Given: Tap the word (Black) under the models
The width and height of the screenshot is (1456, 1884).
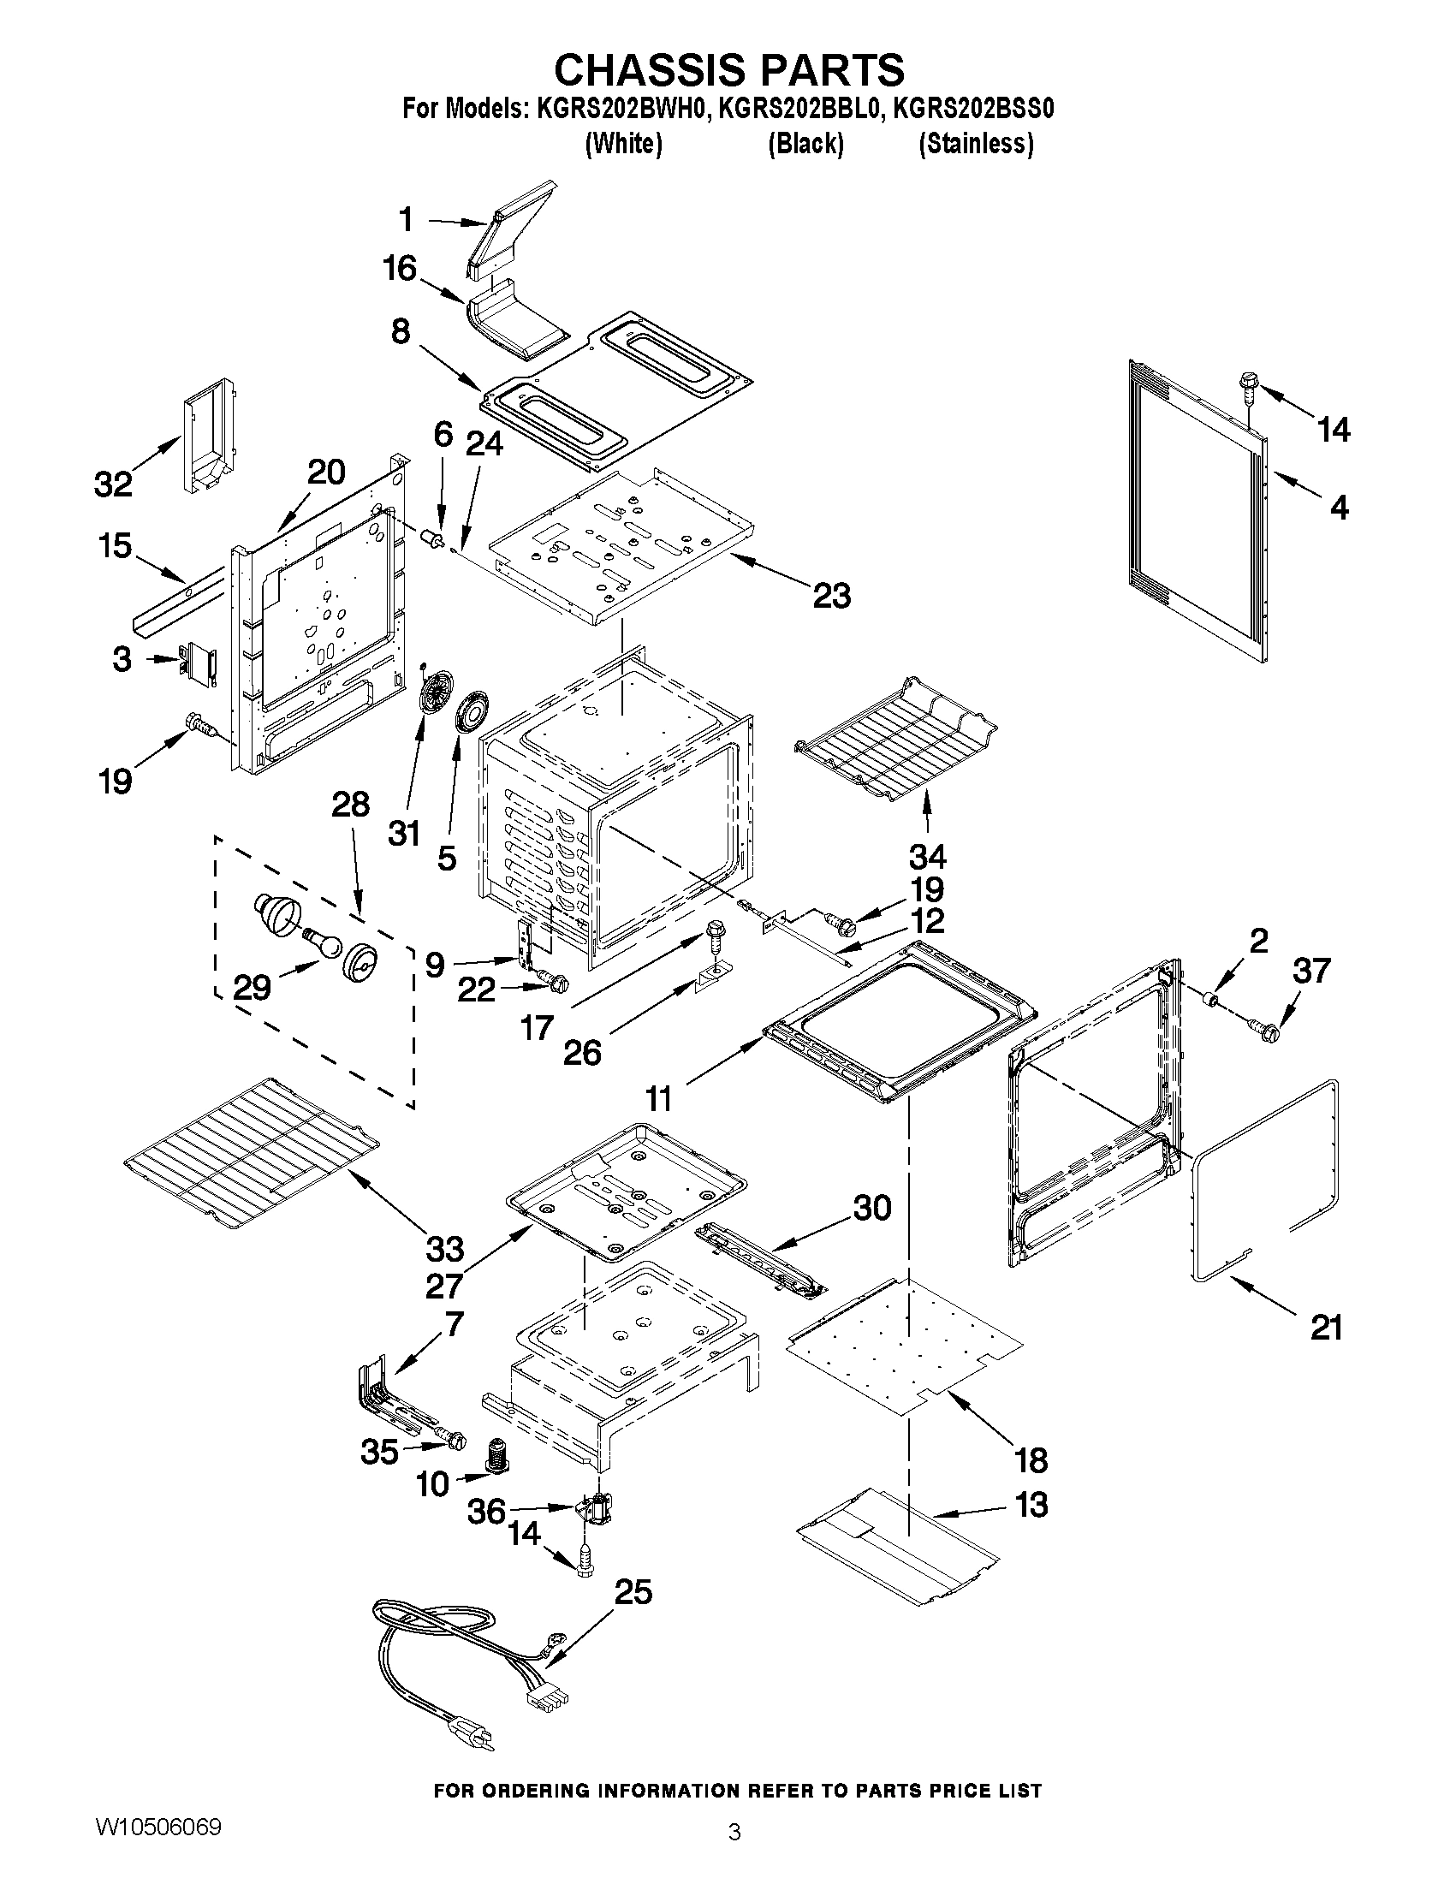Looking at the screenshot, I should tap(805, 144).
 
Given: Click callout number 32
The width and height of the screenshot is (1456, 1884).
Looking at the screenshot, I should tap(114, 484).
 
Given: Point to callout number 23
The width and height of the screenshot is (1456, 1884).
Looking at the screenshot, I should tap(831, 595).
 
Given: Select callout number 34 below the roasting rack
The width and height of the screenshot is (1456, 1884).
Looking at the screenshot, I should tap(927, 857).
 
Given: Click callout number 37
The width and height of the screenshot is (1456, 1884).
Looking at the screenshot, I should tap(1311, 971).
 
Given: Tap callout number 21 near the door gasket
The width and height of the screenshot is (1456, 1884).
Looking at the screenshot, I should tap(1327, 1328).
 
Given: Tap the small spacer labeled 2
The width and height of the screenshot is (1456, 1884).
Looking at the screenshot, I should tap(1211, 1001).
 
